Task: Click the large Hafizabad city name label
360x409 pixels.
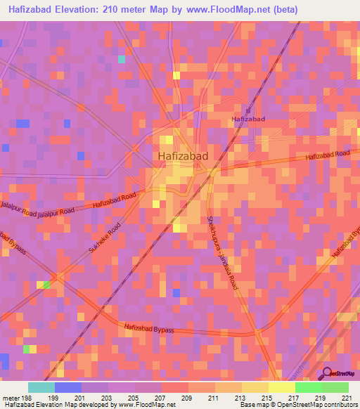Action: [x=182, y=156]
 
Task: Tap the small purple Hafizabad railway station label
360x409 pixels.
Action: [x=248, y=119]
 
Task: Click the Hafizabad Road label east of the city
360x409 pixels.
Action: [x=328, y=155]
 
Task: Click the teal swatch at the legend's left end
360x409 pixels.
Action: [x=41, y=387]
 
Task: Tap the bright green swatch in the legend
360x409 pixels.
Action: [x=308, y=387]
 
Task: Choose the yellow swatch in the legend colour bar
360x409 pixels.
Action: [x=281, y=387]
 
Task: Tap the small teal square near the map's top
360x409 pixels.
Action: [x=122, y=59]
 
